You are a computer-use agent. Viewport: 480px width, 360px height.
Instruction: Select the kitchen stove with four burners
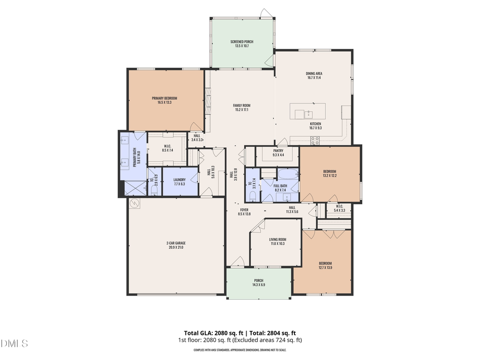pos(315,141)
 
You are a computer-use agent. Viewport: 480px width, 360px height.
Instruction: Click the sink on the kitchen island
pos(308,113)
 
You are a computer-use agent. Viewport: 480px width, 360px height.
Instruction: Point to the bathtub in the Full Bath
pos(287,174)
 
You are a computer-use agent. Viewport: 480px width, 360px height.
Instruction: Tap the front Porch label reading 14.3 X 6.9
pos(259,283)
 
